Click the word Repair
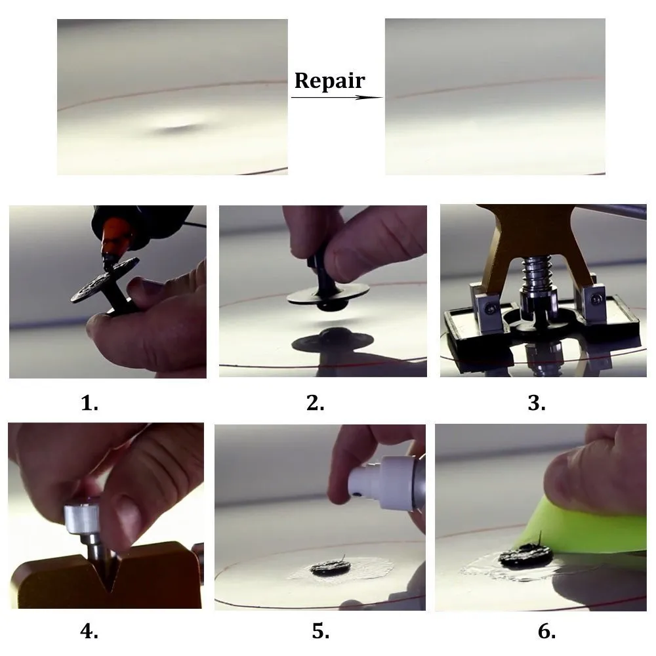pyautogui.click(x=330, y=81)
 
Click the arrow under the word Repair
pyautogui.click(x=337, y=98)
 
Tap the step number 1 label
pyautogui.click(x=89, y=403)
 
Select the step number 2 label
pyautogui.click(x=315, y=403)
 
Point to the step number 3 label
pyautogui.click(x=537, y=403)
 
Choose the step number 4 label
pyautogui.click(x=89, y=631)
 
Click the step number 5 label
pyautogui.click(x=321, y=631)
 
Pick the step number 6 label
pyautogui.click(x=547, y=631)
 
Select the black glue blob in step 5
pyautogui.click(x=331, y=568)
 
